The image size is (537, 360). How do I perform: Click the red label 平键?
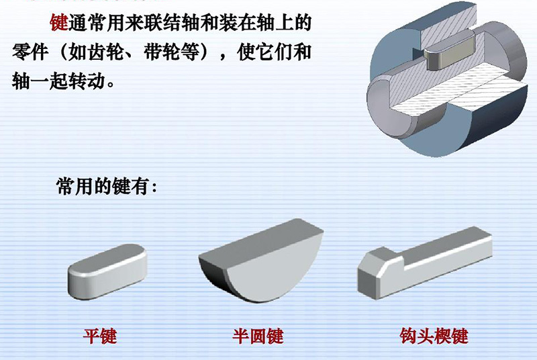99,334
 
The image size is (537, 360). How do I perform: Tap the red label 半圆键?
258,334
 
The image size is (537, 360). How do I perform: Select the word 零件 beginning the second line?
28,53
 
